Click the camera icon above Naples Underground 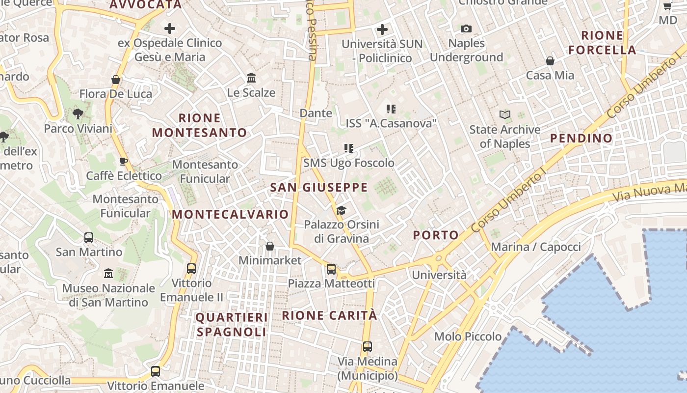466,29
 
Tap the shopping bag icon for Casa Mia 550,61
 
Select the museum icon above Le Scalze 251,78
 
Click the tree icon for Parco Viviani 78,114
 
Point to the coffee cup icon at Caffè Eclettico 124,161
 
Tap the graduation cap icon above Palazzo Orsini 341,211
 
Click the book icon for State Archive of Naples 505,115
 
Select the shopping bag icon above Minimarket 269,246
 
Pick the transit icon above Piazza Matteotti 331,269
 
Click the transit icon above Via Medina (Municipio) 367,347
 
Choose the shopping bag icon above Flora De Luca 116,80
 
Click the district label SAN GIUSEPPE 318,187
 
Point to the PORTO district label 435,235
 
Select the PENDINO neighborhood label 581,139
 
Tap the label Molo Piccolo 468,337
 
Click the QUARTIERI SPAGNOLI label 232,325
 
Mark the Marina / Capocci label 536,247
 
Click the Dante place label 316,113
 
